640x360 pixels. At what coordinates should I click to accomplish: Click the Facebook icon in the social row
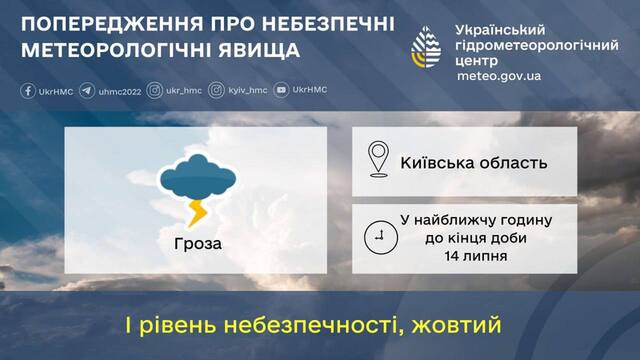tap(27, 90)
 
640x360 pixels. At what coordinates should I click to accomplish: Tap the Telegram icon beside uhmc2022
tap(87, 90)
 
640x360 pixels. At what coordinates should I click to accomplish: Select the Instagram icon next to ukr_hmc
tap(155, 90)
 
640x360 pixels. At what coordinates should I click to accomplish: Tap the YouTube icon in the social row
tap(281, 90)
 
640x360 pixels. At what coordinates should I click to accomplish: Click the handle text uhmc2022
tap(119, 90)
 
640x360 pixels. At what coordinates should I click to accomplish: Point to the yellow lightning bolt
tap(198, 211)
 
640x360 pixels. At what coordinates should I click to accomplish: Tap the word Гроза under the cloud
tap(195, 243)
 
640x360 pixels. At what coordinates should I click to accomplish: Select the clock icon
tap(378, 237)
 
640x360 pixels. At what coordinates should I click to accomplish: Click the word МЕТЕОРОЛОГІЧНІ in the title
tap(114, 50)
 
